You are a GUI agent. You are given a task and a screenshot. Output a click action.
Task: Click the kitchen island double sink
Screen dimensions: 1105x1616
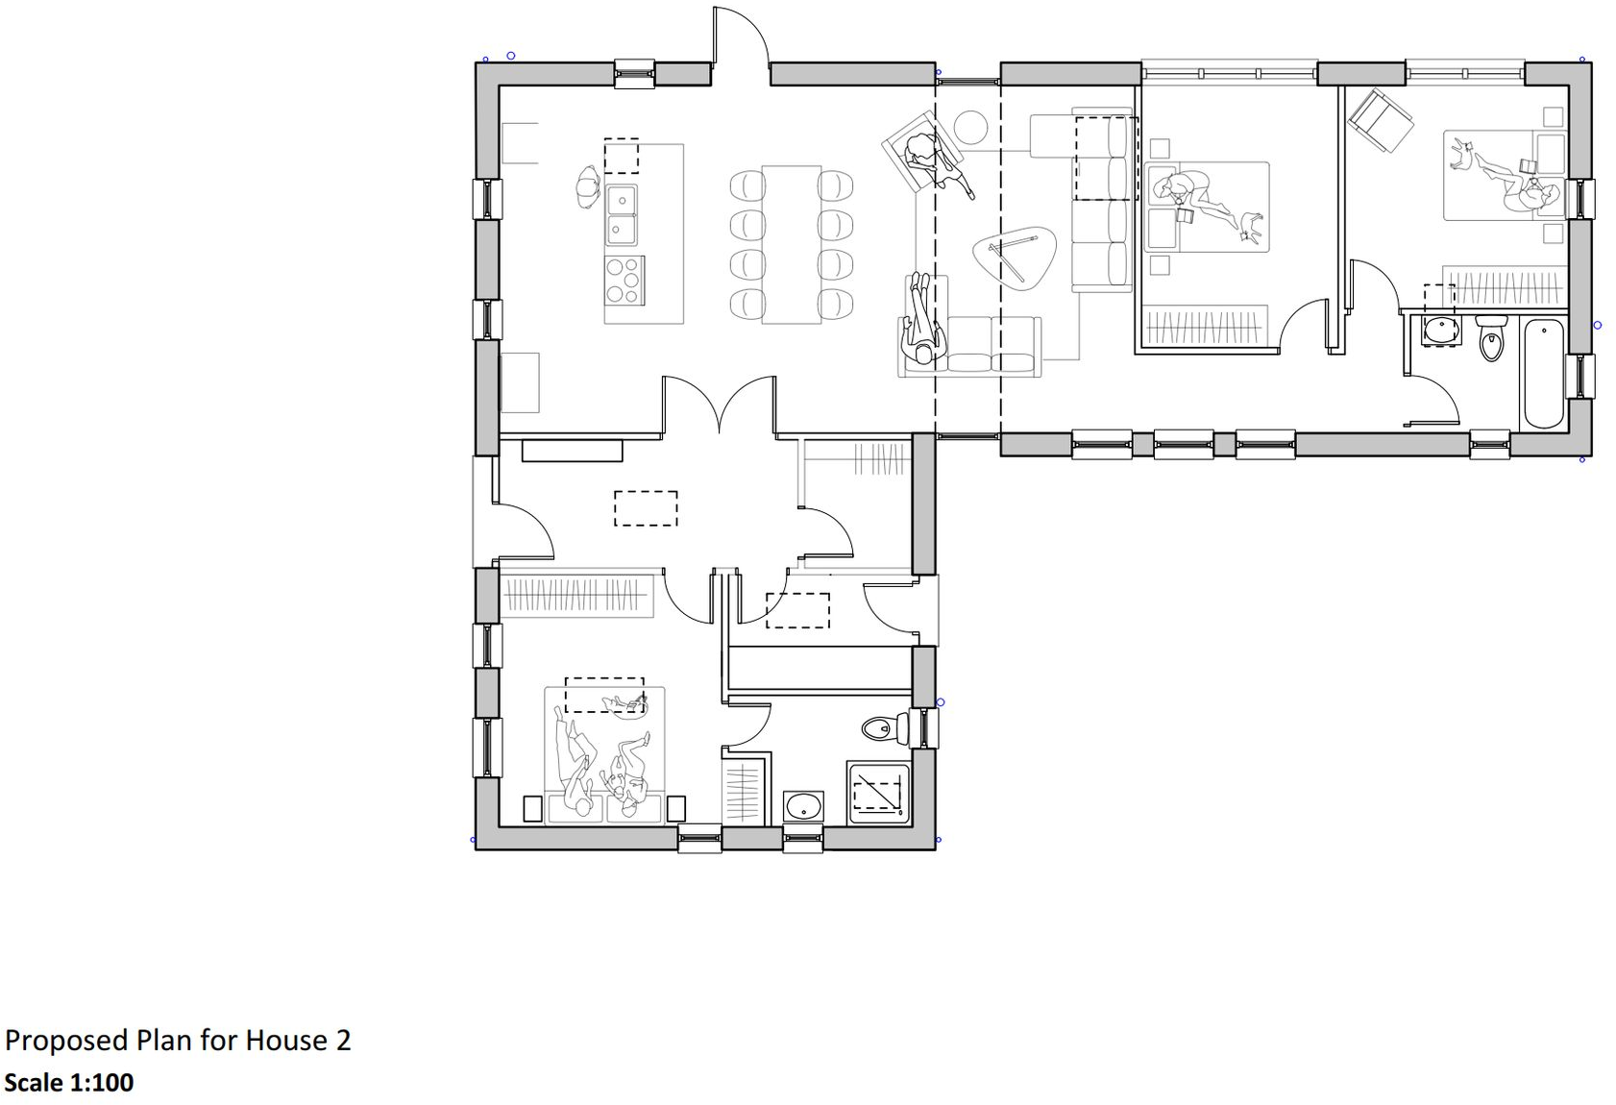click(x=621, y=214)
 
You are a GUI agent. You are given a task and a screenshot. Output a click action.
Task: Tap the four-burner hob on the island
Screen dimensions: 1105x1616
click(x=624, y=280)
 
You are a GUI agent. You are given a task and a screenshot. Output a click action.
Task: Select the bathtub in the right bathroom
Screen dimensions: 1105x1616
click(x=1543, y=374)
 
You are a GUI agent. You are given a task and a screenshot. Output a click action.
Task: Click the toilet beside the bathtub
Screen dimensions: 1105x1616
click(x=1490, y=337)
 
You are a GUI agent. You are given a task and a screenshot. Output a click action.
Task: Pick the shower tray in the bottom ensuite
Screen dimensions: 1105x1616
click(x=877, y=794)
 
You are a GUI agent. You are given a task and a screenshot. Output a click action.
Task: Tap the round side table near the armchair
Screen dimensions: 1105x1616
click(x=970, y=127)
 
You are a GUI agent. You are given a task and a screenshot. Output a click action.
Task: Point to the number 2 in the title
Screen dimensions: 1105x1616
click(x=343, y=1041)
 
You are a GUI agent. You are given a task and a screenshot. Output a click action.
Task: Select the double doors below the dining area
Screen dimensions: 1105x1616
click(x=719, y=404)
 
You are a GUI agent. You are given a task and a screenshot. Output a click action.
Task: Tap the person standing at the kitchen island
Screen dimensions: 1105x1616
click(x=588, y=186)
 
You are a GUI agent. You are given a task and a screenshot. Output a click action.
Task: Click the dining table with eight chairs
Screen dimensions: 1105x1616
click(x=791, y=244)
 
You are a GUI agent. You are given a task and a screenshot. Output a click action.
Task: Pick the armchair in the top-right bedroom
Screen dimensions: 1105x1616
click(x=1380, y=119)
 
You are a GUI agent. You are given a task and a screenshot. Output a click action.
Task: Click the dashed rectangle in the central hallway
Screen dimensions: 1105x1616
click(x=646, y=508)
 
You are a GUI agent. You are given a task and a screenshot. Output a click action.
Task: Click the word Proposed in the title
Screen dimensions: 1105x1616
click(x=66, y=1041)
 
